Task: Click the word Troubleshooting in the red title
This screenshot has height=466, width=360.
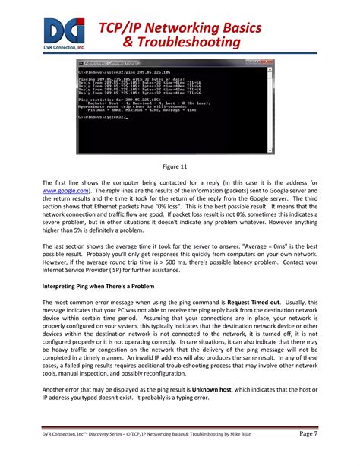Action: [198, 44]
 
